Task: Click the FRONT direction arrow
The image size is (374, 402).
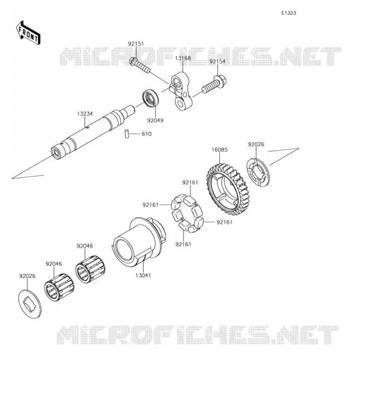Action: point(28,33)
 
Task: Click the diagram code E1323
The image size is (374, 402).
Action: point(289,13)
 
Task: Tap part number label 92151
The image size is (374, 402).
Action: point(136,44)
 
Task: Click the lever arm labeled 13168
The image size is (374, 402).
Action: point(181,90)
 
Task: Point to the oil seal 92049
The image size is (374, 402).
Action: point(151,98)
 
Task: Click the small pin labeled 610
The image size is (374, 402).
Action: point(127,134)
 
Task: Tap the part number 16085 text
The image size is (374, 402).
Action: point(220,150)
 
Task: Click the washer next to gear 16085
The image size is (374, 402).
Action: point(258,172)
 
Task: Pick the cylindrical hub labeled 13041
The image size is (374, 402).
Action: point(139,242)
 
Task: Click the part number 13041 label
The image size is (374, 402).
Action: point(143,275)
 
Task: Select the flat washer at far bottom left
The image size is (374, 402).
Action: point(30,304)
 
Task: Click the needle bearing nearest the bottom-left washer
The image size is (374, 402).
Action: point(59,287)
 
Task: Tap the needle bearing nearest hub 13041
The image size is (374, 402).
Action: point(90,269)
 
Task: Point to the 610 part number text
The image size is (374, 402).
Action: point(146,134)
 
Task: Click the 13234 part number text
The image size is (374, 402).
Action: point(85,114)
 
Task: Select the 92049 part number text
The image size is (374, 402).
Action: point(155,120)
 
